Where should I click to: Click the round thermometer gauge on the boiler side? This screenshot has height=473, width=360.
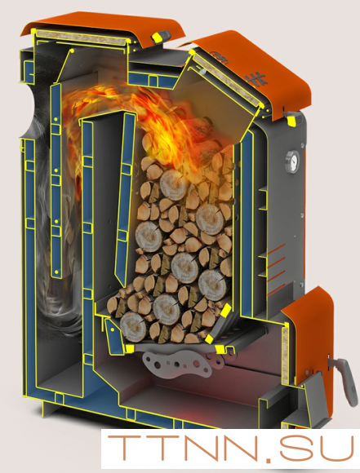(x=292, y=161)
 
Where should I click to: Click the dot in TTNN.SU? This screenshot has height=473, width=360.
(x=269, y=458)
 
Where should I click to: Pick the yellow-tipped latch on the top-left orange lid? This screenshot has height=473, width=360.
(x=161, y=38)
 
